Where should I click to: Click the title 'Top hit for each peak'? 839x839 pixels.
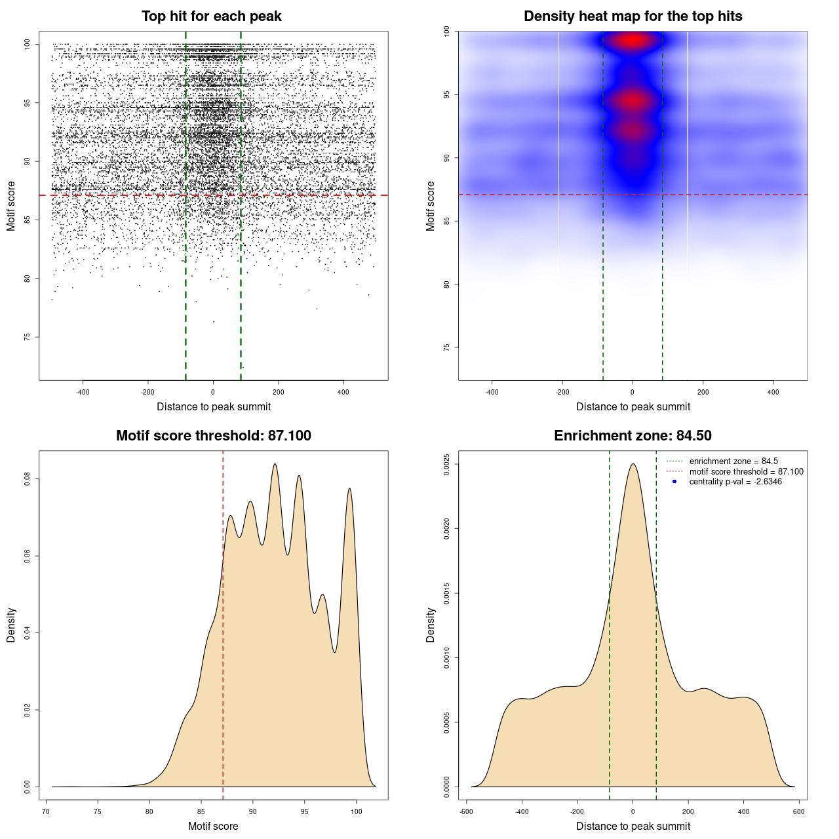click(x=211, y=16)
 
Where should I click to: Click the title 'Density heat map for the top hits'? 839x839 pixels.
click(x=633, y=16)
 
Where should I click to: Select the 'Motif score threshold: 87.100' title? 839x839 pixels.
click(x=213, y=436)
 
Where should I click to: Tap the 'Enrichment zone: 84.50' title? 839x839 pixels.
click(x=633, y=436)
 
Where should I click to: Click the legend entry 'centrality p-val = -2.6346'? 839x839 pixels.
click(x=735, y=482)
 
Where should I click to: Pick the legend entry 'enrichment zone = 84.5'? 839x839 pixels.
click(x=733, y=461)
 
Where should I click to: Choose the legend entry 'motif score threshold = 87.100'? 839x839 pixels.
click(x=746, y=471)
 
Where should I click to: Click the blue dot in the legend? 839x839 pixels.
click(x=674, y=482)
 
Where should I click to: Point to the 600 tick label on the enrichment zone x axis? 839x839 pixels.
click(x=798, y=811)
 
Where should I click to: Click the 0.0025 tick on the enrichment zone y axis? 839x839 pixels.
click(x=447, y=464)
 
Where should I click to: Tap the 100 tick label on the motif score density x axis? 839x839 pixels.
click(x=357, y=811)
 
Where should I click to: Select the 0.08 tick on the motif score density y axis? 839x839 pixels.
click(x=28, y=479)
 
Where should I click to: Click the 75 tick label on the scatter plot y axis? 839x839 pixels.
click(x=28, y=337)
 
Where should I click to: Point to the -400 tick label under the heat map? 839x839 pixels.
click(x=492, y=392)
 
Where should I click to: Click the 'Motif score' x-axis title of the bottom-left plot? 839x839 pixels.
click(x=213, y=826)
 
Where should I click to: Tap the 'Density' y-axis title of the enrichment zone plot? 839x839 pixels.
click(x=431, y=625)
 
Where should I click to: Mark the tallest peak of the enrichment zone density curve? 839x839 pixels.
click(x=633, y=464)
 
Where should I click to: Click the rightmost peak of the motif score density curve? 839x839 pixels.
click(x=350, y=488)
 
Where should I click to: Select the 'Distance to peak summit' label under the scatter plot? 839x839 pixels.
click(x=214, y=406)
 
